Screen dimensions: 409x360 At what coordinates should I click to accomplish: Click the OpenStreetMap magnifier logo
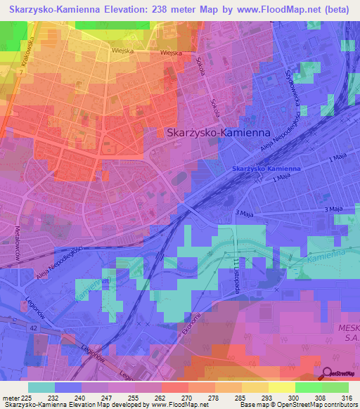coord(328,372)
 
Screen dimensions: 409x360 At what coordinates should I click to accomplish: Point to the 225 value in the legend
coord(26,397)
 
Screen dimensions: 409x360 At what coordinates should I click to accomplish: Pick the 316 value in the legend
coord(345,397)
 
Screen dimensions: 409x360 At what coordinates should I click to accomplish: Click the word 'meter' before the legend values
coord(10,397)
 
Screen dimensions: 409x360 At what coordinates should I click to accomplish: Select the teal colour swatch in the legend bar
coord(41,387)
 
